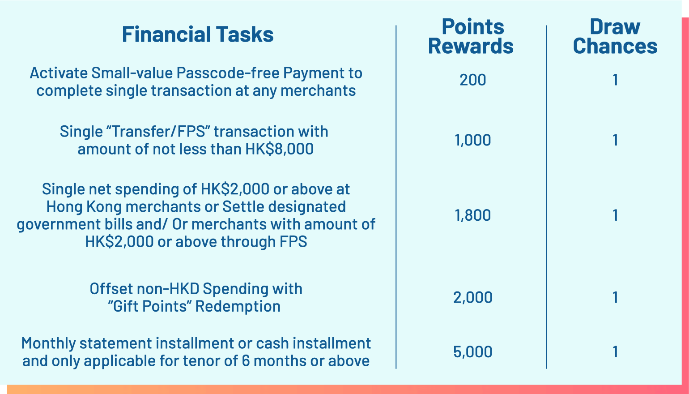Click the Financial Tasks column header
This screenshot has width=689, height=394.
(x=198, y=34)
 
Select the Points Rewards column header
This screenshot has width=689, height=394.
(x=471, y=37)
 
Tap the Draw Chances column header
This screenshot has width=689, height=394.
(x=615, y=37)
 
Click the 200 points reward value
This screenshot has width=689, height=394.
(x=472, y=80)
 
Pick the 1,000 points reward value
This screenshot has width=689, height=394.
(x=472, y=140)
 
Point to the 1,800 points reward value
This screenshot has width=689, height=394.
(x=472, y=215)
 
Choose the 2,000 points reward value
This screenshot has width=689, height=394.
(x=472, y=297)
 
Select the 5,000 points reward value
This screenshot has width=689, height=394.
(x=472, y=352)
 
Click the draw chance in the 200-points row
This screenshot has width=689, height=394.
(x=615, y=80)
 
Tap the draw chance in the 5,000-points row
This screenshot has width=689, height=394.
(x=615, y=352)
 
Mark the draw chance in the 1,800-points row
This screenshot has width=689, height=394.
(x=615, y=215)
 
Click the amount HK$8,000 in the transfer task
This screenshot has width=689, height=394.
(x=279, y=149)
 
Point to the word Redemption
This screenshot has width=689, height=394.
(x=238, y=307)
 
